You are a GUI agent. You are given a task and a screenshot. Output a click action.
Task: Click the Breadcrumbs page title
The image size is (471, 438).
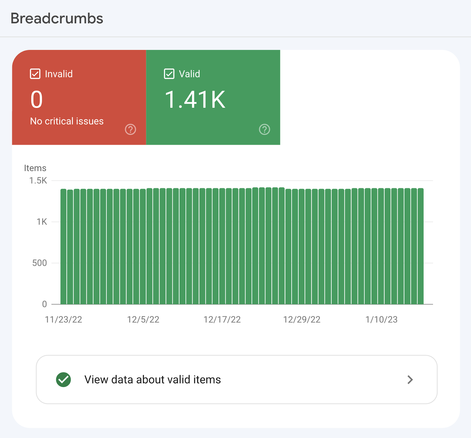pos(57,19)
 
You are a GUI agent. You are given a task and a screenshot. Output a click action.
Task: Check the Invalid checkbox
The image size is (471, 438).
pos(35,74)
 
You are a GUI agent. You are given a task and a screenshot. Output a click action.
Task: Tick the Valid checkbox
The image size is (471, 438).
pos(169,74)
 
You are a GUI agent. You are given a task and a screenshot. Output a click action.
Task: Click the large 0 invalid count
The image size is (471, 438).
pos(37,99)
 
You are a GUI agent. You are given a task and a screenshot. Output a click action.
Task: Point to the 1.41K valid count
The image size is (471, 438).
pos(195,99)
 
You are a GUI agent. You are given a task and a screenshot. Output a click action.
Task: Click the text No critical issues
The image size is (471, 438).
pos(67,121)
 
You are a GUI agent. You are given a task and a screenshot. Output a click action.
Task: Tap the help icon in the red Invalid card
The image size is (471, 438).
pos(130,129)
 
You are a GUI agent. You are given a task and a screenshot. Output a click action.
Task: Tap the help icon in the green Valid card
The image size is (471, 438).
pos(264,129)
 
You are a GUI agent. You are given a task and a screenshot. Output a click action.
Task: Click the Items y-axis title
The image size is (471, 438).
pos(35,168)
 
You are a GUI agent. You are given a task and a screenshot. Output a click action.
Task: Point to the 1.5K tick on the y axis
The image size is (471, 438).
pos(38,180)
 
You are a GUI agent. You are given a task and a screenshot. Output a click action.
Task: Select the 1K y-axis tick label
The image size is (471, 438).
pos(42,222)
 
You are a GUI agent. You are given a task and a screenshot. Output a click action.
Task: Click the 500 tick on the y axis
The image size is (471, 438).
pos(39,263)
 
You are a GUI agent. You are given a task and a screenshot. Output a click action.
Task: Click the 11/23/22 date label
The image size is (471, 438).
pos(63,319)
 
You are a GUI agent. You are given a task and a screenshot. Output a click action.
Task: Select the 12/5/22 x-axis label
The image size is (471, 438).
pos(143,319)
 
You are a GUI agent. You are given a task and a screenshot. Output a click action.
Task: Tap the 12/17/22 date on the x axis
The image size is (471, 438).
pos(222,319)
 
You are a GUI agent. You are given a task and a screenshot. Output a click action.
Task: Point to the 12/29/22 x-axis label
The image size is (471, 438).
pos(302,319)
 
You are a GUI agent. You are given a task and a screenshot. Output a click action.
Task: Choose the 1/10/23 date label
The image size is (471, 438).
pos(381,319)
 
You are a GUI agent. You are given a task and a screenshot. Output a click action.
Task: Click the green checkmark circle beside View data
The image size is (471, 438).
pos(63,380)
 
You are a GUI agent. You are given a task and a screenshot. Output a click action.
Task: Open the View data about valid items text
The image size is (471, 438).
pos(152,380)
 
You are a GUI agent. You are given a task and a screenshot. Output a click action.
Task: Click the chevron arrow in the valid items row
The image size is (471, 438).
pos(410,380)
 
